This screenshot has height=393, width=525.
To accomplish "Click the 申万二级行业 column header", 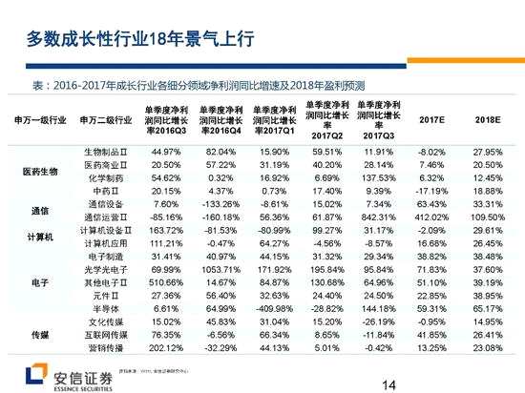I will pyautogui.click(x=100, y=120).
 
